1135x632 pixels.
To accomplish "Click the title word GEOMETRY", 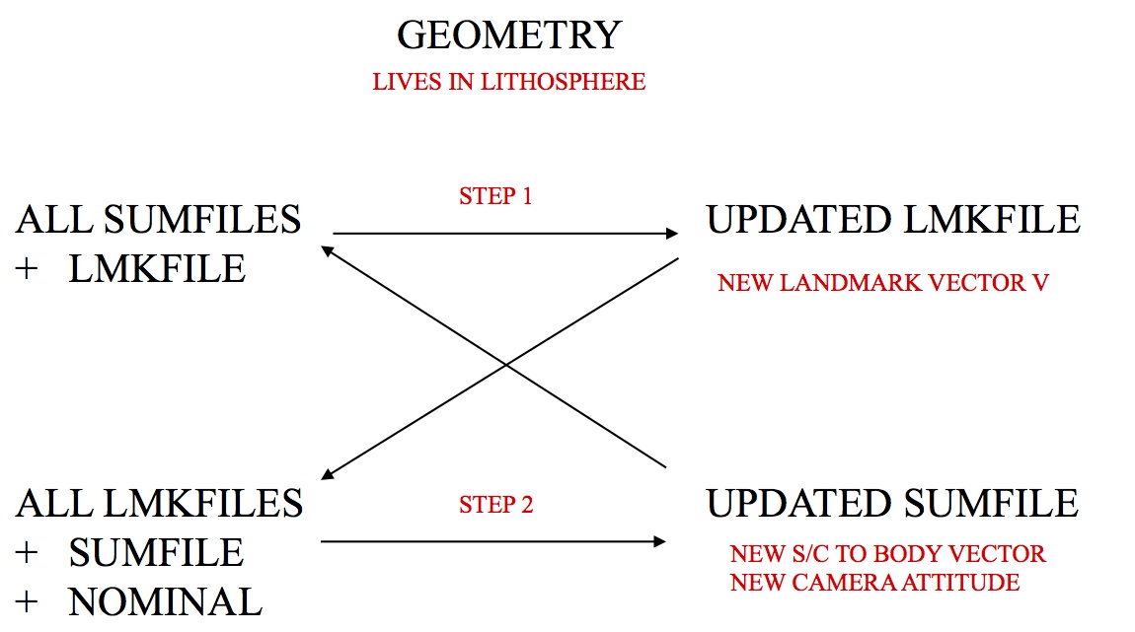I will click(x=508, y=35).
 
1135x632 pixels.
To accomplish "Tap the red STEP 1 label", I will click(x=495, y=196).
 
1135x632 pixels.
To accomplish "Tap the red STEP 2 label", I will click(x=495, y=506).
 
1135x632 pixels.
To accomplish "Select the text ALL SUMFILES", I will click(x=158, y=219).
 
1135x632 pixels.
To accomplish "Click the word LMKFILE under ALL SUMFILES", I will click(x=157, y=268).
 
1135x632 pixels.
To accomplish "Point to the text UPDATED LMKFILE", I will click(x=892, y=219).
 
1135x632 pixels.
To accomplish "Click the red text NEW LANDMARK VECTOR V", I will click(x=882, y=284).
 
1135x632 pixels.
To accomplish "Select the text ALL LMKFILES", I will click(x=159, y=503).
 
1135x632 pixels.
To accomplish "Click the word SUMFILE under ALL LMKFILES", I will click(x=156, y=551).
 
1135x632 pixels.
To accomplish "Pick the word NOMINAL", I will click(x=166, y=599).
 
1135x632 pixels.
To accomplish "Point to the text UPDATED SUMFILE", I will click(x=892, y=503).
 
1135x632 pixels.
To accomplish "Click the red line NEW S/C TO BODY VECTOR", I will click(x=887, y=554).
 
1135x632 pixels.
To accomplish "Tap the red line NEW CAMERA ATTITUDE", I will click(x=874, y=583).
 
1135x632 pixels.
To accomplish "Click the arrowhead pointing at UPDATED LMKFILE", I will click(x=672, y=234).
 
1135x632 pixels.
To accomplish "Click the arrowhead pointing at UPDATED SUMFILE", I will click(x=658, y=541).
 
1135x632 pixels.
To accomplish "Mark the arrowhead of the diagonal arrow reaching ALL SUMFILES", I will click(x=327, y=250).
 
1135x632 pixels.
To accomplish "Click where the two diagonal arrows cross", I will click(x=505, y=364).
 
